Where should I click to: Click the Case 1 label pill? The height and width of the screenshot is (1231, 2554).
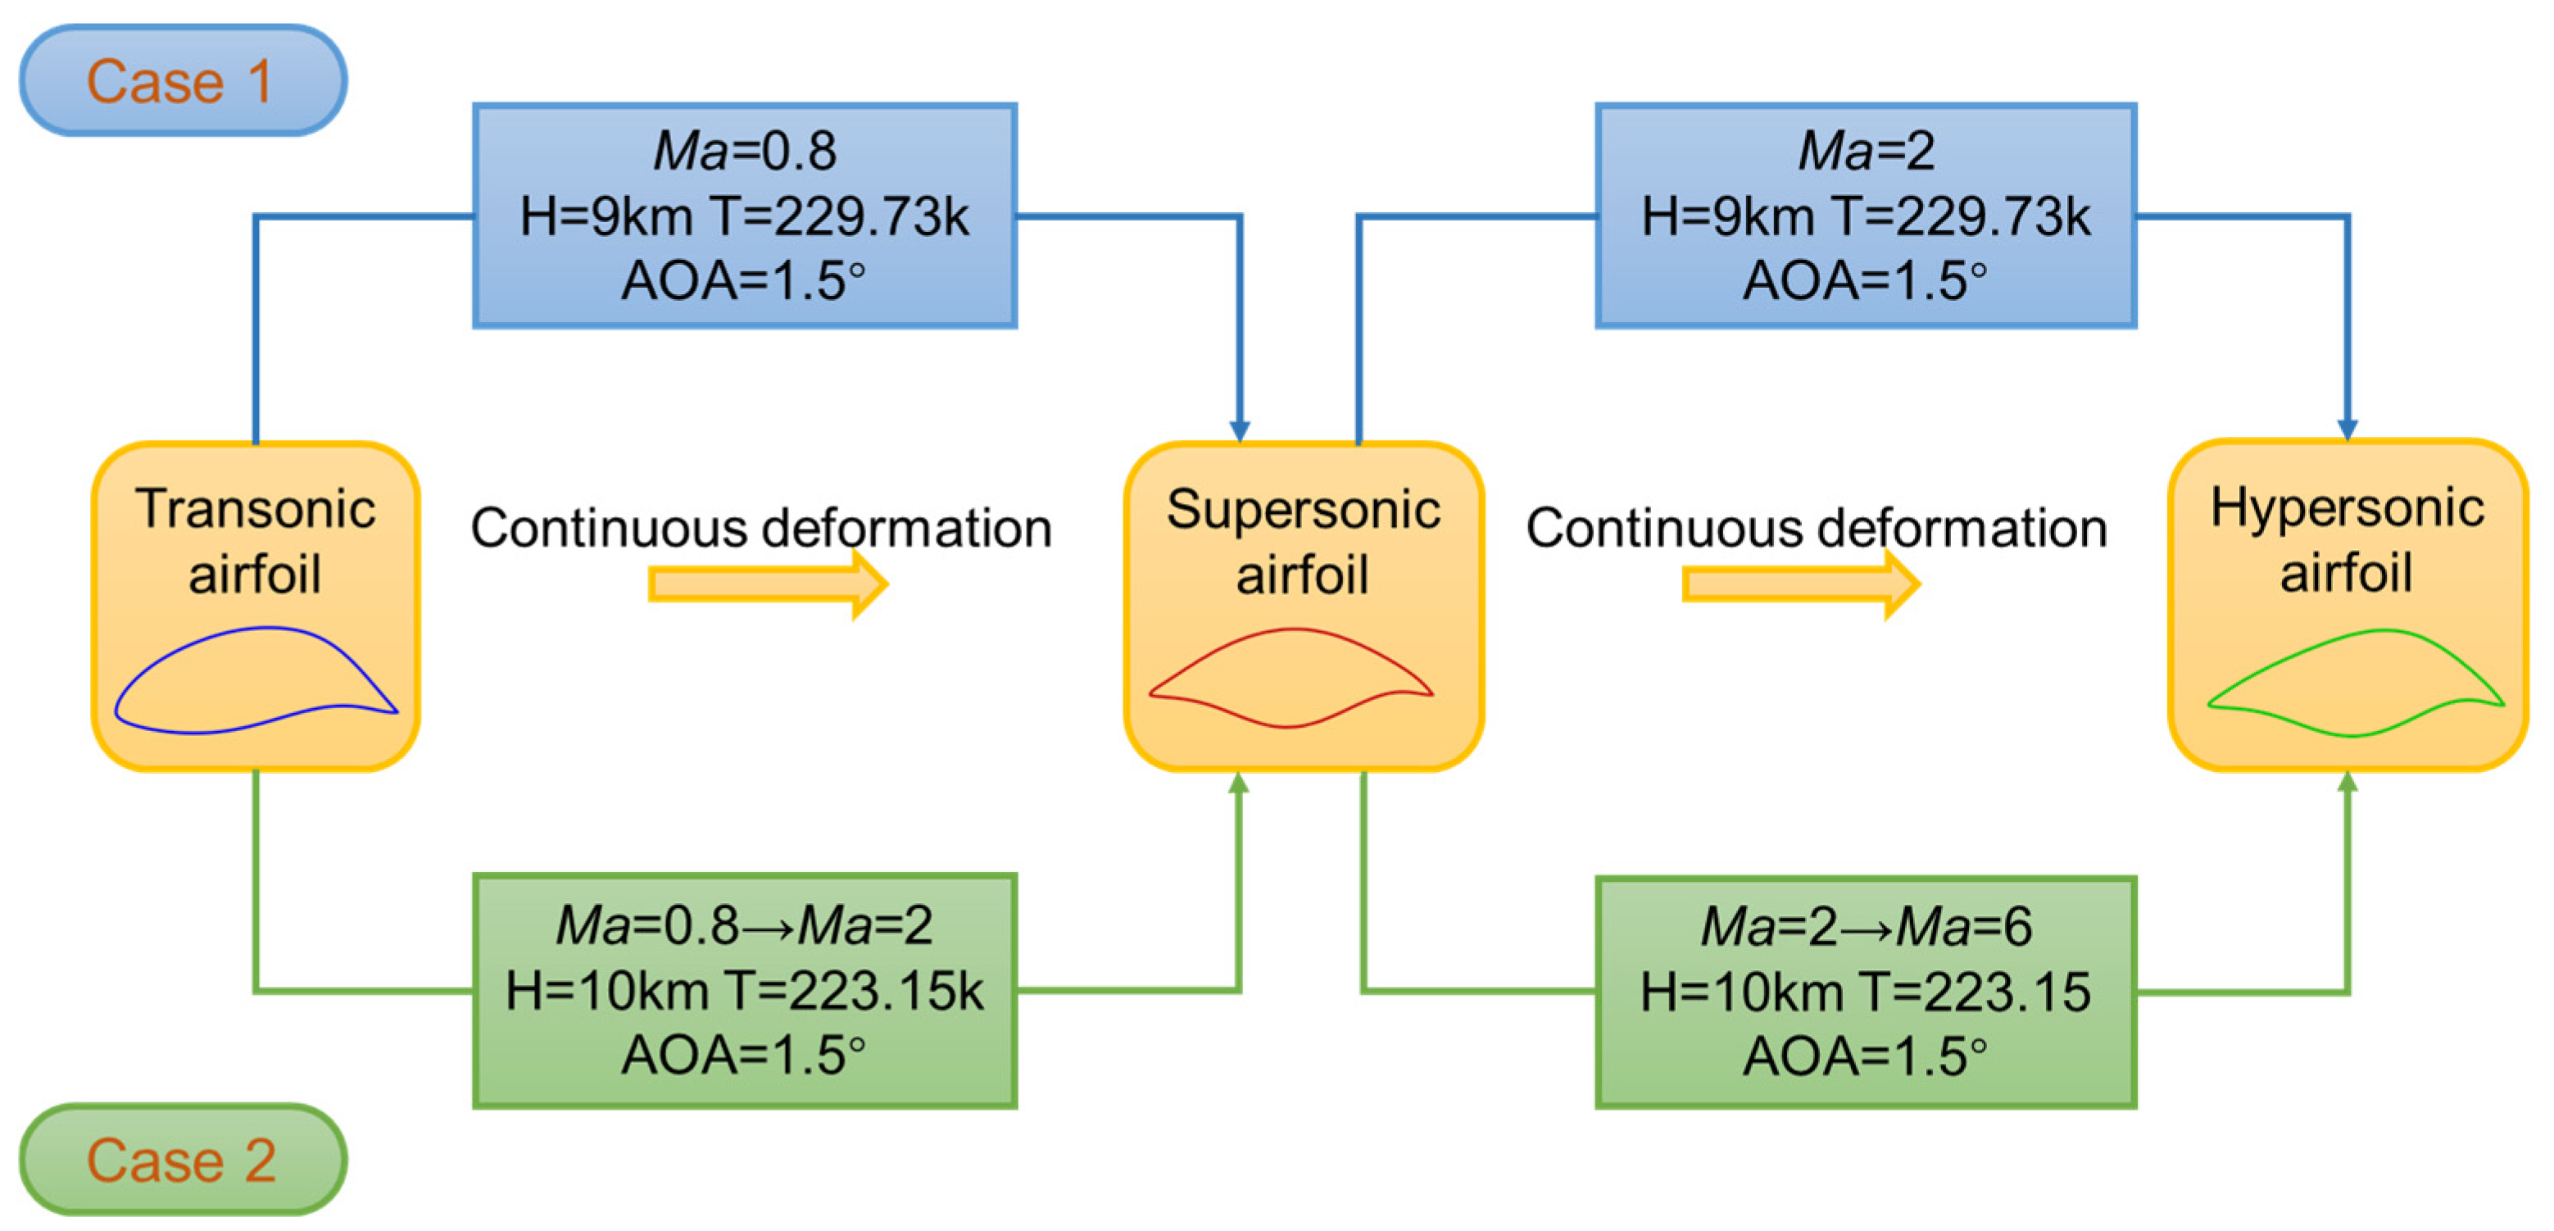pyautogui.click(x=183, y=80)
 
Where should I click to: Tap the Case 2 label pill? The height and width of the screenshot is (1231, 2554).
pyautogui.click(x=183, y=1159)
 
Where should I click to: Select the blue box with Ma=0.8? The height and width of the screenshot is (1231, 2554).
pyautogui.click(x=745, y=216)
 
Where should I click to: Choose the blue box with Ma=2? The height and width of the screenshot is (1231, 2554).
pyautogui.click(x=1865, y=216)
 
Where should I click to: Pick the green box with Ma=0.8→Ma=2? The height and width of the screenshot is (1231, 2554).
pyautogui.click(x=745, y=990)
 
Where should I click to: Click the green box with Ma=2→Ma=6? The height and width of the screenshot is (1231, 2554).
pyautogui.click(x=1865, y=991)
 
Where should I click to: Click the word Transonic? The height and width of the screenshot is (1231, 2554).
pyautogui.click(x=255, y=509)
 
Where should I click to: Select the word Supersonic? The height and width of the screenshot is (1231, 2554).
pyautogui.click(x=1303, y=510)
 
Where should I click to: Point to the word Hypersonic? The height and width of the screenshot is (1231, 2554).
pyautogui.click(x=2347, y=508)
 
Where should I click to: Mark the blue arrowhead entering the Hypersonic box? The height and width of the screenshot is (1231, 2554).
pyautogui.click(x=2347, y=429)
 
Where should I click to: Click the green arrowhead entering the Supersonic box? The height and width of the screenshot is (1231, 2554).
pyautogui.click(x=1238, y=784)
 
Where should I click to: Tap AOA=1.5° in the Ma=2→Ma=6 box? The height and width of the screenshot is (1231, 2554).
pyautogui.click(x=1865, y=1055)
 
